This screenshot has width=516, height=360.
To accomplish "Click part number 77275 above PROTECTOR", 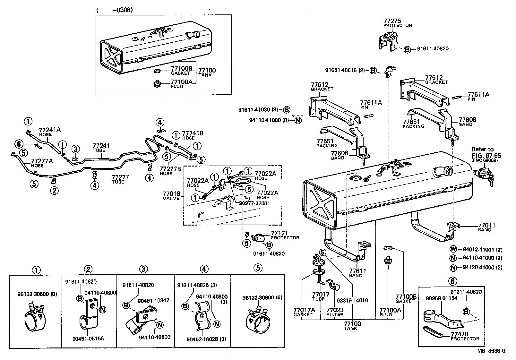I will tap(392, 21).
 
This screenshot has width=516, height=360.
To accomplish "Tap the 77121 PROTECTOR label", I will tap(279, 233).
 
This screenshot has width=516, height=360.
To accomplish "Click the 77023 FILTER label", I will tap(335, 310).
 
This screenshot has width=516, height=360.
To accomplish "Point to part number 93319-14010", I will tap(352, 300).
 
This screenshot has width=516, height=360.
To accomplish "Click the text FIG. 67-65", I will tap(486, 156).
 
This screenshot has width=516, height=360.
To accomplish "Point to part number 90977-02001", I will tap(254, 203).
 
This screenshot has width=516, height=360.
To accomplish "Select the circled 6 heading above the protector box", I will tap(452, 281).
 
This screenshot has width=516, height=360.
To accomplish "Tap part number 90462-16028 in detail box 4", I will tap(202, 339).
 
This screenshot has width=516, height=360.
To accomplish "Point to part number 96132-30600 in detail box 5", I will tap(259, 297).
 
